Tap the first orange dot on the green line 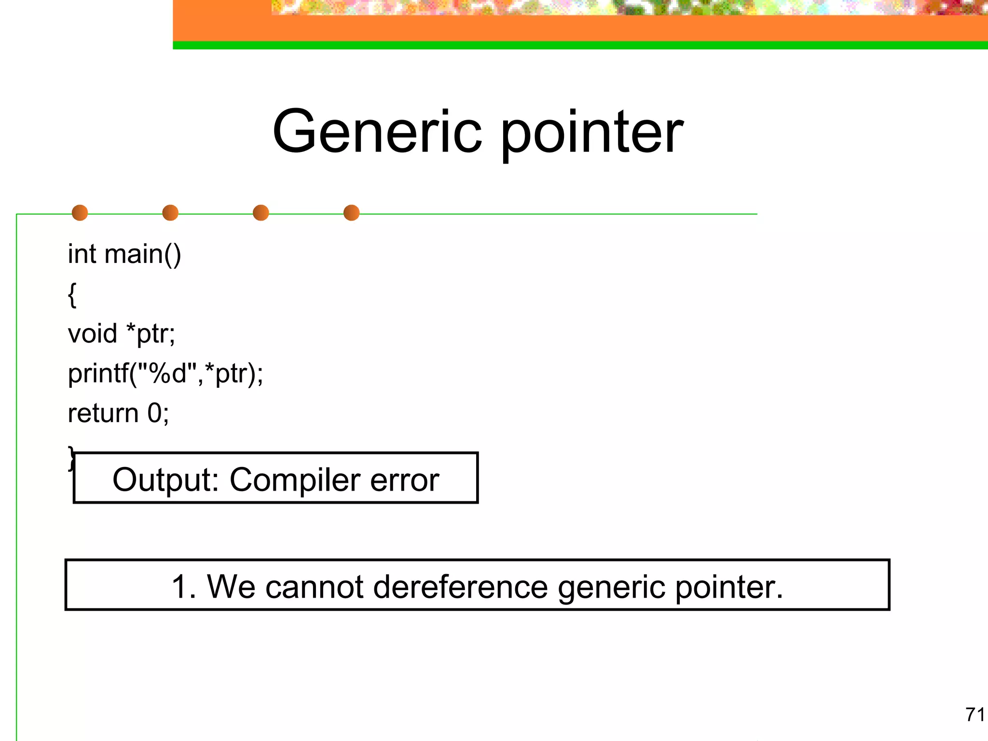pos(80,213)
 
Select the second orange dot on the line pos(170,213)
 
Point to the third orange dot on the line pos(261,213)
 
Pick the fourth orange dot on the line pos(351,213)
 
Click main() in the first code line pos(143,254)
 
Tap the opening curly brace pos(72,294)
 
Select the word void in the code pos(93,334)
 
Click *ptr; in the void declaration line pos(151,334)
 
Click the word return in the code pos(103,413)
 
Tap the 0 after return pos(155,413)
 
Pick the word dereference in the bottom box pos(460,587)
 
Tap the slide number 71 pos(974,714)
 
